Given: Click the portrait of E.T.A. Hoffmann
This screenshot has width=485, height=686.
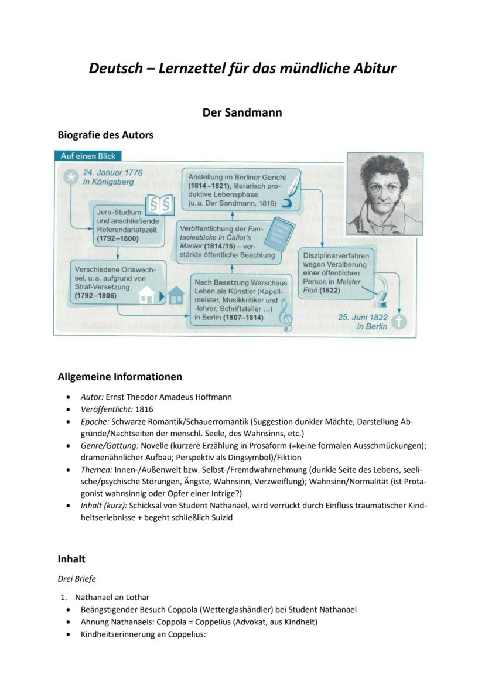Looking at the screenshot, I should (385, 193).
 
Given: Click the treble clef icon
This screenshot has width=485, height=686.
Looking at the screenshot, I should (286, 315).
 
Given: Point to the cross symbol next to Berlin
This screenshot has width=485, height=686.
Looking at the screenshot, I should (399, 321).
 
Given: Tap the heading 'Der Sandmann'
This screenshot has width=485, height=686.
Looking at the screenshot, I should (242, 112).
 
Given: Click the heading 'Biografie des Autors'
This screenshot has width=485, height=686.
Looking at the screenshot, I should (105, 135).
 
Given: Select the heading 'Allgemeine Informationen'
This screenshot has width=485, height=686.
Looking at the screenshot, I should (119, 376).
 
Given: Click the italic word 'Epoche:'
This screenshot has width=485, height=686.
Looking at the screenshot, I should (94, 421).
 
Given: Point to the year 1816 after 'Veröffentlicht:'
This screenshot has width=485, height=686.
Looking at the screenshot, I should (144, 409).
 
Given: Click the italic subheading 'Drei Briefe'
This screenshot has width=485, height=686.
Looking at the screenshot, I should (77, 579).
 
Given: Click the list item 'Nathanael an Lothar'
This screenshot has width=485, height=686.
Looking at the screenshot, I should (112, 597).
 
